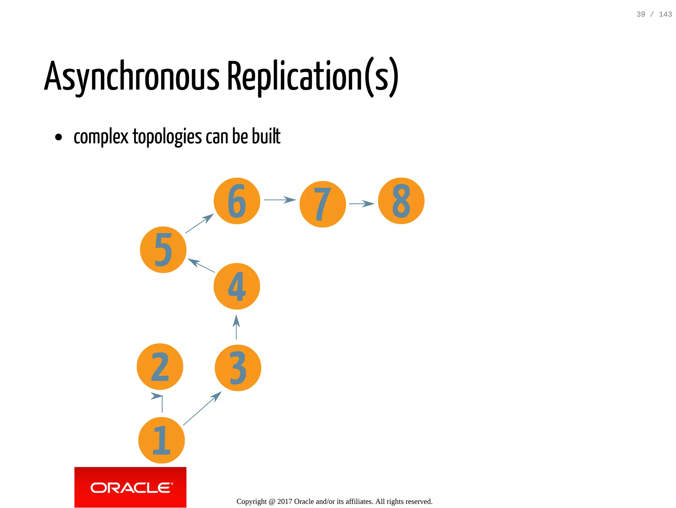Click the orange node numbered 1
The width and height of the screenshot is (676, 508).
(161, 440)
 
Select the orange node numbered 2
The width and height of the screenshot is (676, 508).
(160, 367)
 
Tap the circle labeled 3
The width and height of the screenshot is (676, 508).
(238, 368)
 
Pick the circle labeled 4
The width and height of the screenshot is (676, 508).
(237, 286)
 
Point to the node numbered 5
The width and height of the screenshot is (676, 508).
(163, 250)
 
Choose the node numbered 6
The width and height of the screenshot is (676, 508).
(237, 201)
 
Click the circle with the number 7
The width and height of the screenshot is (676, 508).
(322, 204)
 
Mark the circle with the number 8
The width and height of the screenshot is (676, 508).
(401, 201)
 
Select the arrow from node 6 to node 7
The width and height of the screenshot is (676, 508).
(279, 200)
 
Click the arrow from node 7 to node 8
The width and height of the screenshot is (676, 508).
(361, 204)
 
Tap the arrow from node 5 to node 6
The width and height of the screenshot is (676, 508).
(199, 223)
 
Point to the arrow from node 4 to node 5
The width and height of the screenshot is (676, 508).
(201, 265)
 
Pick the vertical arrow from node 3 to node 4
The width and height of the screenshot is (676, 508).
(236, 327)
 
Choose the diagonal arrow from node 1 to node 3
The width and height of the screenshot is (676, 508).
(202, 409)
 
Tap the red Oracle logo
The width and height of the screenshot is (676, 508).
(130, 487)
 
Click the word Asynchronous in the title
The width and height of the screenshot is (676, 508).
(132, 77)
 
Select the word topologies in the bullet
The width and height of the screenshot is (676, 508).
(167, 136)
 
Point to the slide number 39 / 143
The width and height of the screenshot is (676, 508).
(654, 14)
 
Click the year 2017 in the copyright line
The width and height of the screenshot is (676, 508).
(285, 501)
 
